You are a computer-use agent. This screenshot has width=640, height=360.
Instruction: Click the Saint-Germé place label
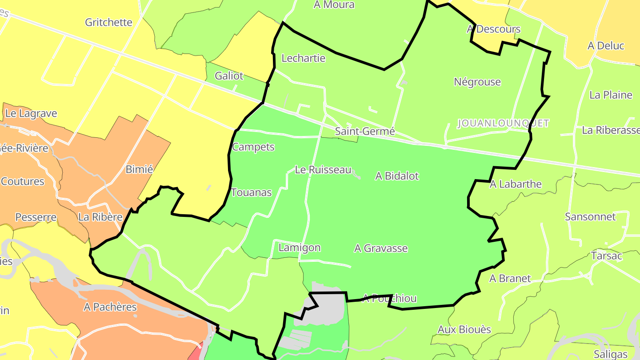(365, 131)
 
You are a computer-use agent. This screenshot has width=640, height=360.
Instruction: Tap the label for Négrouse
(477, 82)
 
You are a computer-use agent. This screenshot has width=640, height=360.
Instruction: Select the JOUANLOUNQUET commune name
(503, 123)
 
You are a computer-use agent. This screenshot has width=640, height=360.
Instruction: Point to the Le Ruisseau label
(323, 170)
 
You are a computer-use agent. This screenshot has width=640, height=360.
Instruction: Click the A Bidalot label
(397, 176)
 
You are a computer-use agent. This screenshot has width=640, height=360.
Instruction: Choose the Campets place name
(253, 147)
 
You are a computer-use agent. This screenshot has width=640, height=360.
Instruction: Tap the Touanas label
(251, 192)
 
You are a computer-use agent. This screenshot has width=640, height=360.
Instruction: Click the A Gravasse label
(381, 248)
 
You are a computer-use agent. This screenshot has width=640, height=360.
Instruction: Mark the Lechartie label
(304, 58)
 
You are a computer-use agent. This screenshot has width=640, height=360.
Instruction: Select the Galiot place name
(229, 76)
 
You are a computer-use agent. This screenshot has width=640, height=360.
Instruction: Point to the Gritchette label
(108, 22)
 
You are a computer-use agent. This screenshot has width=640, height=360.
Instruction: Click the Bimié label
(139, 169)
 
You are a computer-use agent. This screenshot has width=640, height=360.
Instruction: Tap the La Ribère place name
(100, 217)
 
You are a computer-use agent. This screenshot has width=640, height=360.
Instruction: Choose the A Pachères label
(110, 307)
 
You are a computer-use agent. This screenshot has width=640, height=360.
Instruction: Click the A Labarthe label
(516, 184)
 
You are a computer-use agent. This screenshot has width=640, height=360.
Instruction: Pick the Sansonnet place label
(590, 217)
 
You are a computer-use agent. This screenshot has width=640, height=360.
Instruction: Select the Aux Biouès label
(464, 329)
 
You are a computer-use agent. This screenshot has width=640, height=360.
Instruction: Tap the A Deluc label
(606, 46)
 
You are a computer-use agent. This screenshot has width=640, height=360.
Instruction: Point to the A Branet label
(510, 279)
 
